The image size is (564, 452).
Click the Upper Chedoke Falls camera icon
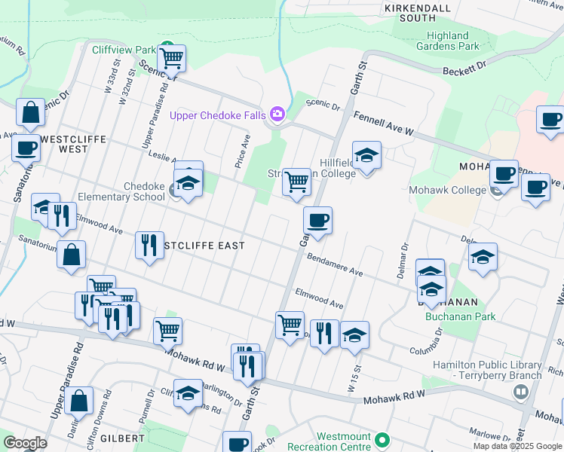click(277, 115)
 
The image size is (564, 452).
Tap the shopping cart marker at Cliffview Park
click(172, 57)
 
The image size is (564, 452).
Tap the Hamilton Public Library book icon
click(520, 392)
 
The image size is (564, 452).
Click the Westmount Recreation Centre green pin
click(382, 439)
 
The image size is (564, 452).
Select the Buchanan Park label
click(461, 316)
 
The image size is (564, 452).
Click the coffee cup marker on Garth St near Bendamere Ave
click(317, 220)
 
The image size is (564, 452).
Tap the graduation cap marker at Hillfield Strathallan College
click(366, 156)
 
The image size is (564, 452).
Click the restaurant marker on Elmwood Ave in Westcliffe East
click(149, 245)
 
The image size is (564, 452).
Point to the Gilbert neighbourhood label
click(121, 438)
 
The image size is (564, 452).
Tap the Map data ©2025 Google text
click(517, 446)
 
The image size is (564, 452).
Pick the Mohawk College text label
click(447, 190)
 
